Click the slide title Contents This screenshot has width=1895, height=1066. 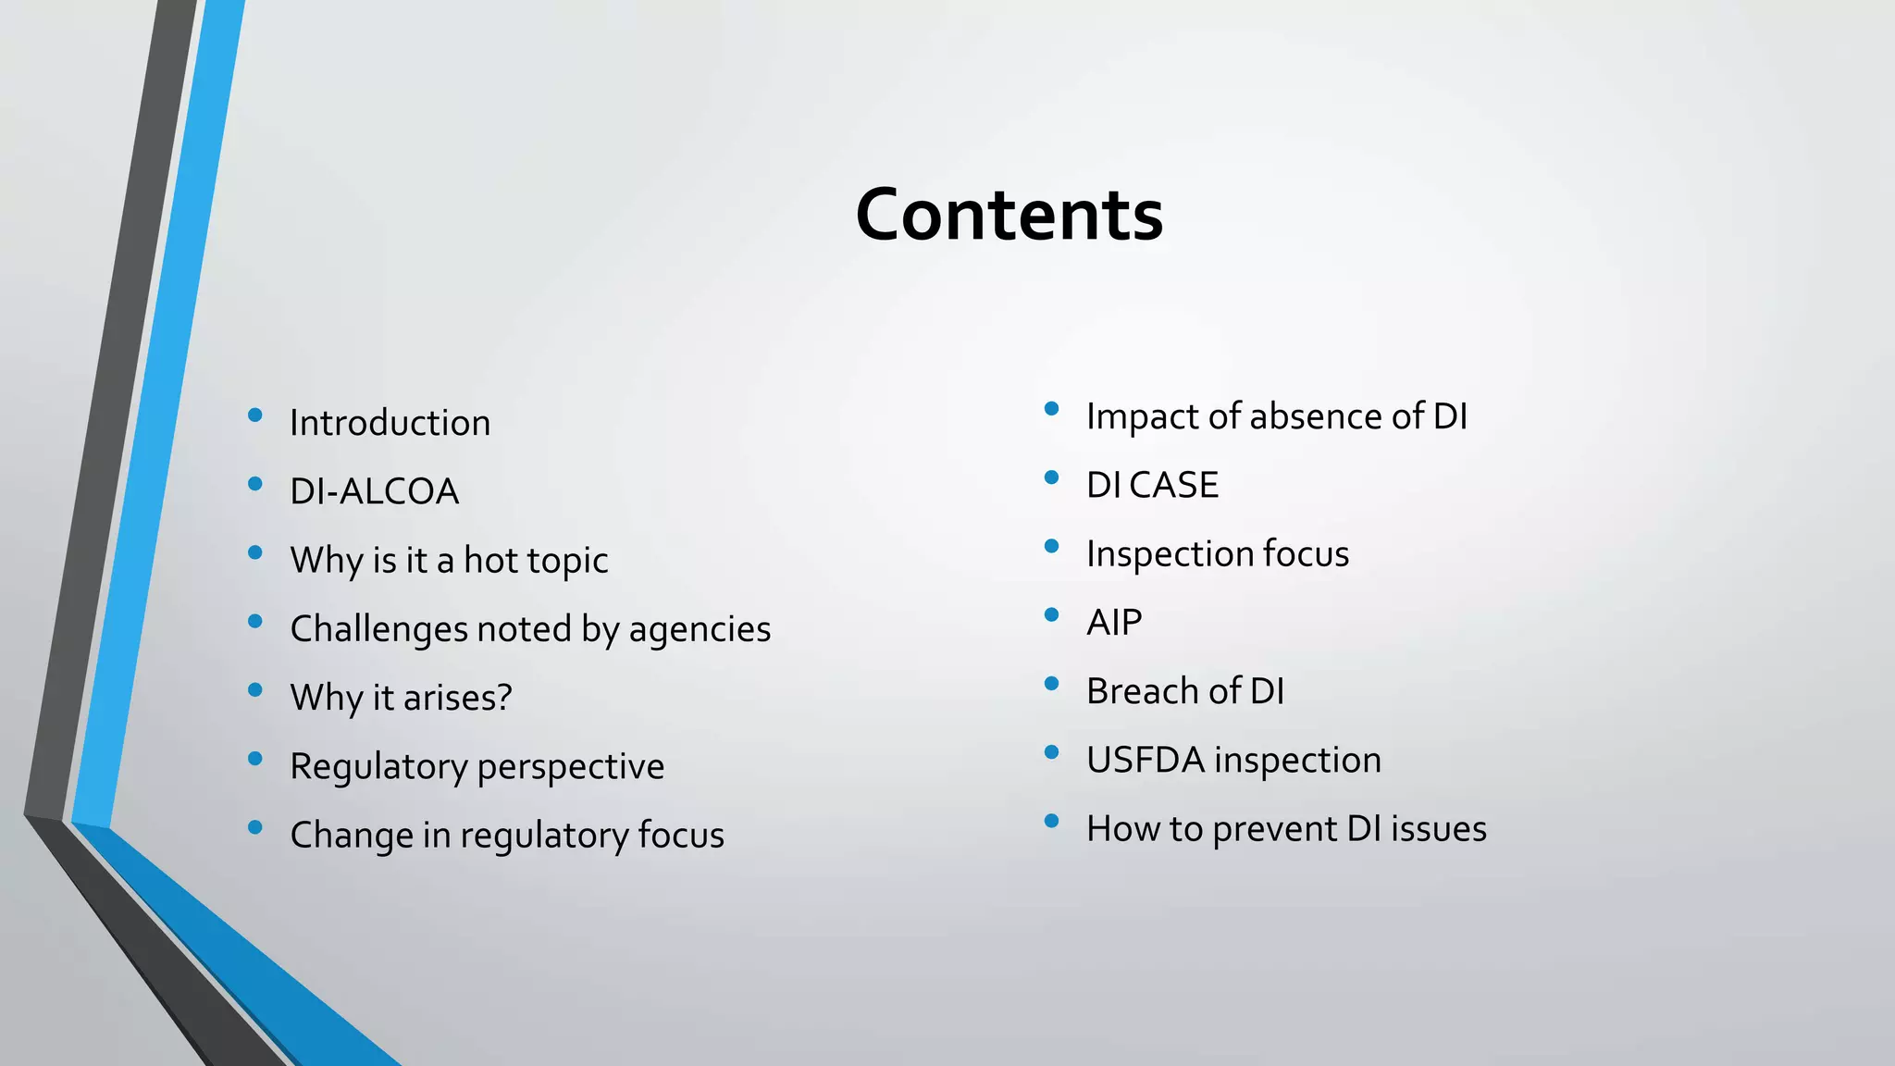tap(1009, 215)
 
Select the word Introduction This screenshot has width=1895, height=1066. tap(390, 423)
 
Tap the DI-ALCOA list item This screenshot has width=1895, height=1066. tap(374, 491)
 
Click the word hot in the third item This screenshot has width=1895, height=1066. tap(490, 560)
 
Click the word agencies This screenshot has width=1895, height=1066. tap(700, 629)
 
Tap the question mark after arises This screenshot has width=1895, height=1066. tap(504, 697)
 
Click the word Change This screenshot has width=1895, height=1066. tap(351, 835)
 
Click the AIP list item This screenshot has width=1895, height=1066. tap(1114, 622)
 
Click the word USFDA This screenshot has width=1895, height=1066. tap(1145, 760)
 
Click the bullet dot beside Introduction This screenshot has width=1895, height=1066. tap(255, 415)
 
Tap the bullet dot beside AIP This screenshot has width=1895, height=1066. tap(1051, 614)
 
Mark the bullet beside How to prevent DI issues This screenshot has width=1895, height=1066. tap(1051, 821)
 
